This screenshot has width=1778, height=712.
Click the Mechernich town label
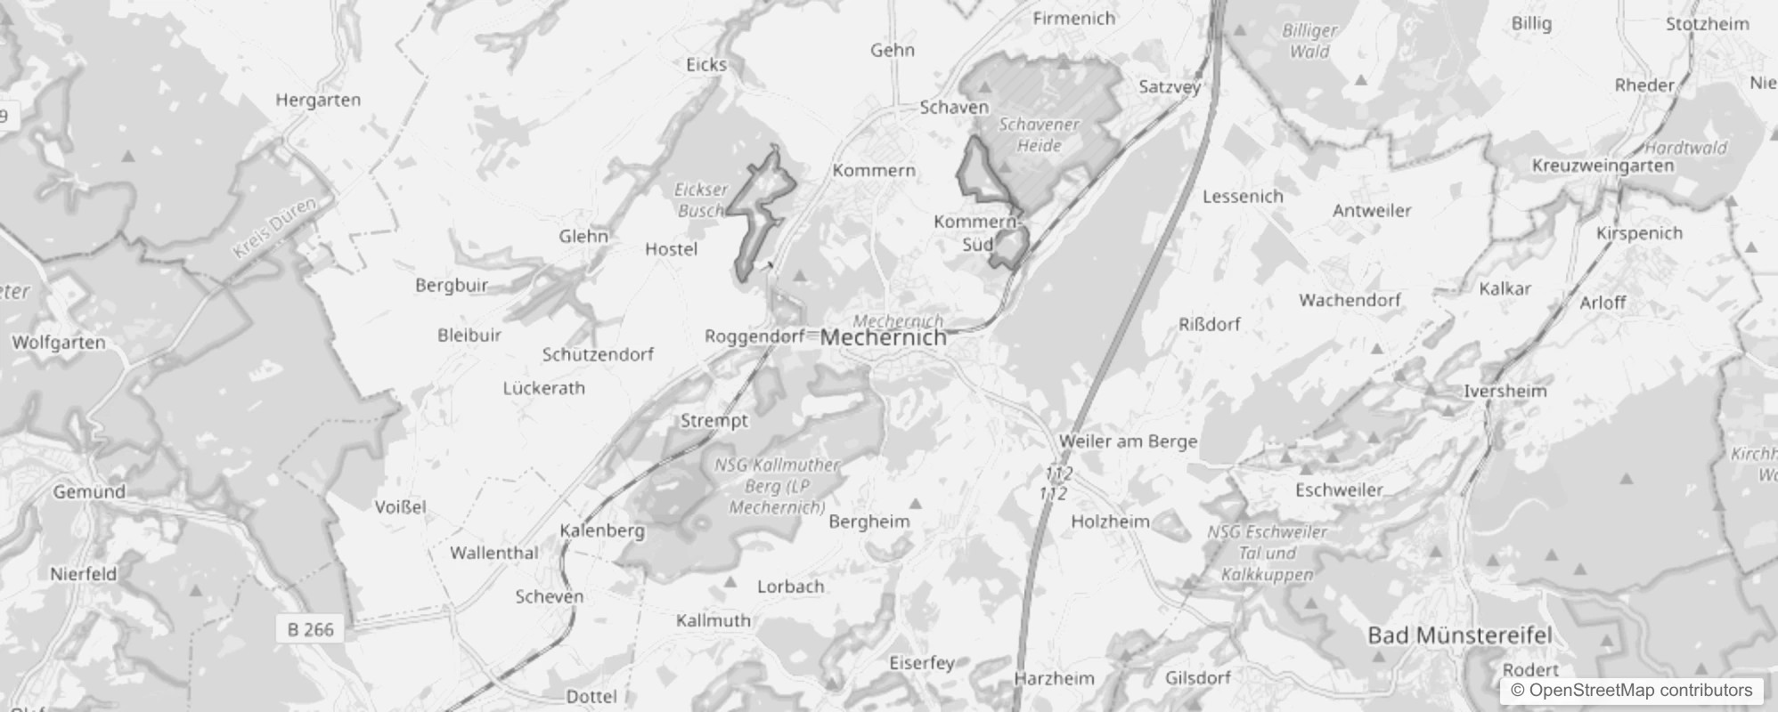tap(883, 338)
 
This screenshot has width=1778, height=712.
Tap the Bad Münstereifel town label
tap(1459, 635)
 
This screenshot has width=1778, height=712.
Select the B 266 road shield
tap(311, 629)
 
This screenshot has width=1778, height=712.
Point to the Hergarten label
tap(318, 100)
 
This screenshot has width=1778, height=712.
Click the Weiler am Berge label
tap(1128, 441)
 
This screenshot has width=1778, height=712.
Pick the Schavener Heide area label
tap(1039, 135)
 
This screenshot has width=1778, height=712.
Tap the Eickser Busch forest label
tap(701, 200)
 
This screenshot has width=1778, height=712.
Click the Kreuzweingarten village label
tap(1603, 166)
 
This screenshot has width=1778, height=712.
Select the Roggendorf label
tap(754, 336)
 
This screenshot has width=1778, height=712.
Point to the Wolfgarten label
tap(59, 343)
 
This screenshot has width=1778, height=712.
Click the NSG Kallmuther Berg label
tap(777, 486)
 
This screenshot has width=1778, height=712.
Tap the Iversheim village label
tap(1505, 391)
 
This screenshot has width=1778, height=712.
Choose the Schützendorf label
tap(598, 354)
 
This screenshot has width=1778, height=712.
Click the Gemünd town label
tap(89, 491)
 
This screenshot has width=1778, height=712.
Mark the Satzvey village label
tap(1170, 87)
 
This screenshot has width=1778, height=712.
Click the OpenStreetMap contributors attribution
tap(1631, 690)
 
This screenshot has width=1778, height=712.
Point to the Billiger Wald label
tap(1309, 41)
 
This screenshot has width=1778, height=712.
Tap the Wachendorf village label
tap(1350, 300)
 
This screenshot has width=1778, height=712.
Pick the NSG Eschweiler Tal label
tap(1267, 553)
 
